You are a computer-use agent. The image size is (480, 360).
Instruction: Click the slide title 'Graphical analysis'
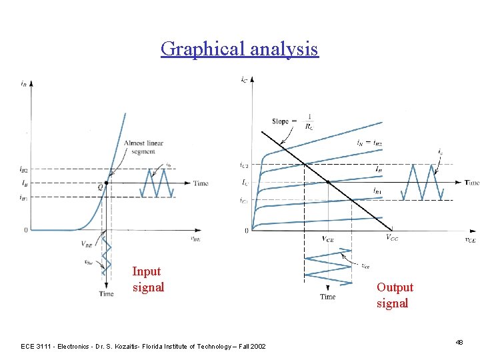click(239, 49)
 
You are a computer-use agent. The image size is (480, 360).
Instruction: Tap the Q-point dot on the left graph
click(107, 182)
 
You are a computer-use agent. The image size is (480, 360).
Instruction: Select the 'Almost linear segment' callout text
click(143, 147)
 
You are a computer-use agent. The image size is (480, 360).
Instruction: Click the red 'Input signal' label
click(148, 279)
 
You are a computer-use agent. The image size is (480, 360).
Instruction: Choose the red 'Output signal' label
click(395, 295)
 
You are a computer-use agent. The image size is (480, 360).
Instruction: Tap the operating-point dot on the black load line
click(329, 182)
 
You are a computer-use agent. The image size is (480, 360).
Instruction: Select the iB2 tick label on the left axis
click(24, 169)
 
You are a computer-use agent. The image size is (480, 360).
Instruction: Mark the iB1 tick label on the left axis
click(24, 197)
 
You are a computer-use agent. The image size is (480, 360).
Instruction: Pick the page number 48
click(459, 342)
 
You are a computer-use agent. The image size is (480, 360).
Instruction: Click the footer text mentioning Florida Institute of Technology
click(143, 346)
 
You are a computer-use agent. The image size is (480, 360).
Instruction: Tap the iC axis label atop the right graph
click(244, 80)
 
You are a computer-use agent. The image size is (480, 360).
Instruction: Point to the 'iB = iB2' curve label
click(369, 142)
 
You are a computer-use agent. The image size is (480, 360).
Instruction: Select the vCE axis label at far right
click(469, 240)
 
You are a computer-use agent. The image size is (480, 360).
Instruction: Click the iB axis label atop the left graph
click(24, 83)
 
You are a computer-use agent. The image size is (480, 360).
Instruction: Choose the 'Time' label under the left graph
click(106, 294)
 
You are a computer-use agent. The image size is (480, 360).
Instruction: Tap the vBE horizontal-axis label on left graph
click(195, 237)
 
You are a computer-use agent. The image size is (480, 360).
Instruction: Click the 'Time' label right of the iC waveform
click(471, 182)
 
